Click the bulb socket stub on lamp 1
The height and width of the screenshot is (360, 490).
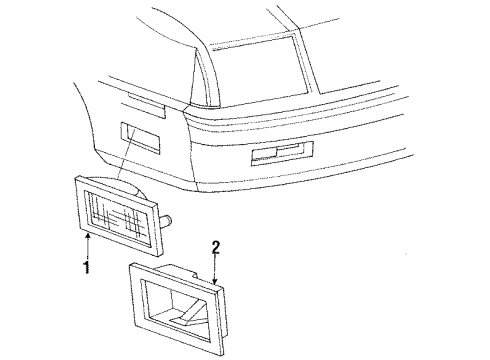pyautogui.click(x=169, y=220)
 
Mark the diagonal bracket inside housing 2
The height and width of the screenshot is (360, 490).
pyautogui.click(x=185, y=318)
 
